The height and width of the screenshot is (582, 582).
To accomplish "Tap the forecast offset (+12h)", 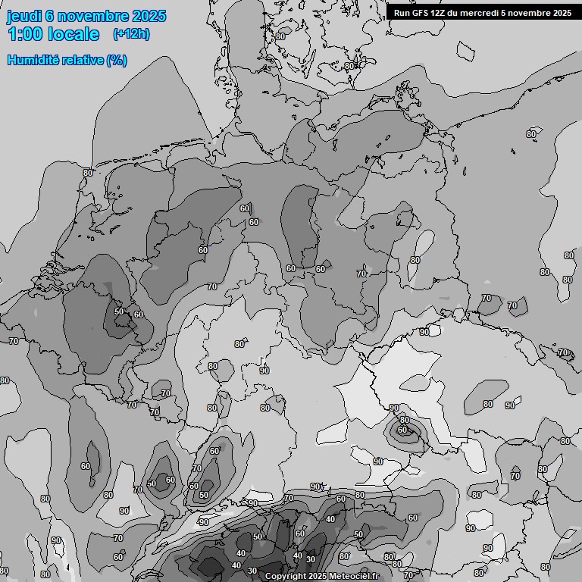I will click(x=131, y=34).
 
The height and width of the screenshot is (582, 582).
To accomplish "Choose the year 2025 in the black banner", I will click(x=562, y=13).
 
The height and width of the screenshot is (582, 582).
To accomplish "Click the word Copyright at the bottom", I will click(x=286, y=577).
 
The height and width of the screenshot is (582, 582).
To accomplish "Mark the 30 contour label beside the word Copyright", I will click(x=252, y=571).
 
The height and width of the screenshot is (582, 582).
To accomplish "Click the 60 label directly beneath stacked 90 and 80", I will click(x=402, y=430).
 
